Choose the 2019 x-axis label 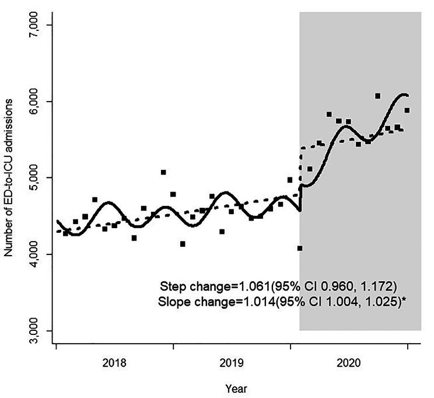(x=232, y=362)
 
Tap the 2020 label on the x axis (x=349, y=362)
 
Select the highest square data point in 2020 (x=377, y=96)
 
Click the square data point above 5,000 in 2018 (x=163, y=172)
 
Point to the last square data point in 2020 (x=407, y=110)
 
